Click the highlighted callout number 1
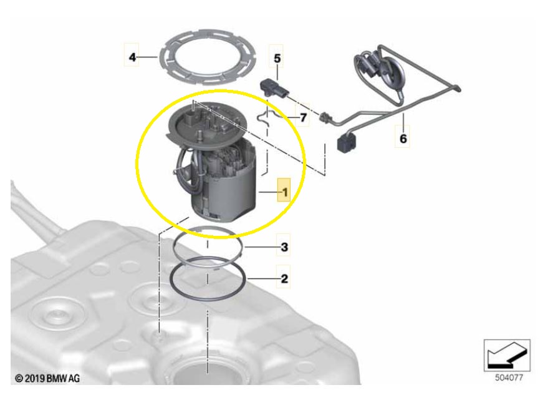[285, 192]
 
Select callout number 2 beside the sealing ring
[284, 278]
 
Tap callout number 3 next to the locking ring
[284, 247]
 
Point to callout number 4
[132, 57]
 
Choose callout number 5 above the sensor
[277, 58]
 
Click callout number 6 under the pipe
[403, 139]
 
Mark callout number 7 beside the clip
[304, 118]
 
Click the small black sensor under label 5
[274, 89]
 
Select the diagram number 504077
[509, 378]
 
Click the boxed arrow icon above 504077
[507, 356]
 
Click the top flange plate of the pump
[207, 121]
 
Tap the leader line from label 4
[148, 57]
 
